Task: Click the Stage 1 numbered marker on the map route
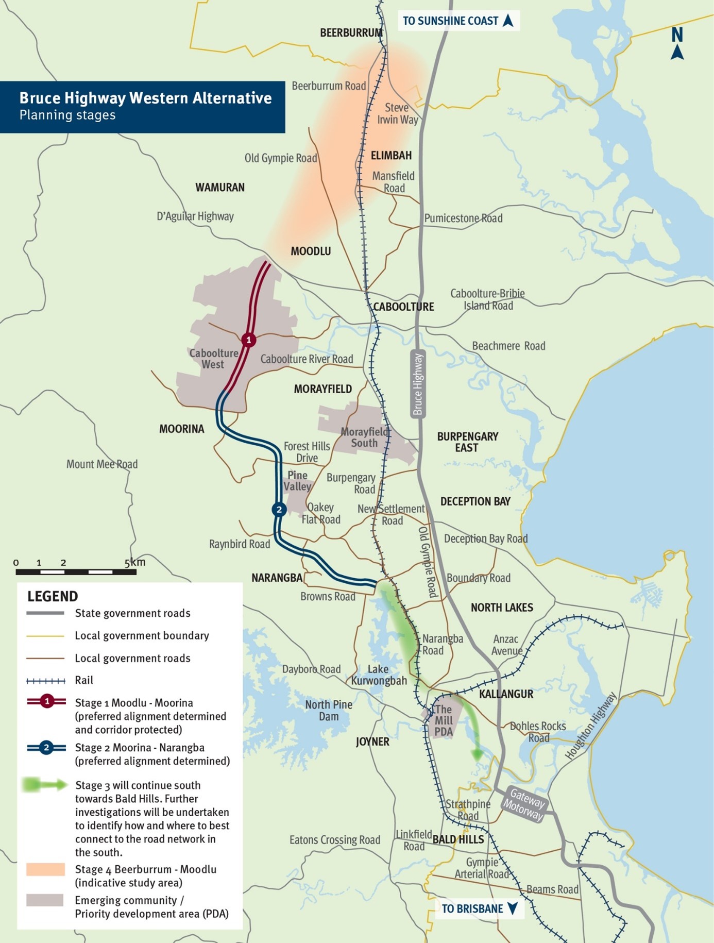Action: (249, 340)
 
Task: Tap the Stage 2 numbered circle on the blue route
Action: (279, 510)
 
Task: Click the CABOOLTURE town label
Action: (403, 307)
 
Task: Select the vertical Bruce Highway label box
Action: (418, 384)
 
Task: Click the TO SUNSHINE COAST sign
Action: (458, 21)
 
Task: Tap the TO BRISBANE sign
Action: (480, 908)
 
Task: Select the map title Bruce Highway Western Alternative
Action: (145, 98)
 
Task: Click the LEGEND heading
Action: (53, 596)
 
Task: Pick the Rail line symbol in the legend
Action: (46, 681)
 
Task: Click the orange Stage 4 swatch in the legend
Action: (45, 869)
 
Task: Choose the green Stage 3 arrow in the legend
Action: (45, 785)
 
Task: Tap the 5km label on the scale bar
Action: (135, 562)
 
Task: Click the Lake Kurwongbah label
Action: (379, 675)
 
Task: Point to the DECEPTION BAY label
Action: (475, 501)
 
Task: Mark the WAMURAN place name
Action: (220, 188)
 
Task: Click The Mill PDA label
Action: (443, 720)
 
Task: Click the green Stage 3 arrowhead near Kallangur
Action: (477, 754)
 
